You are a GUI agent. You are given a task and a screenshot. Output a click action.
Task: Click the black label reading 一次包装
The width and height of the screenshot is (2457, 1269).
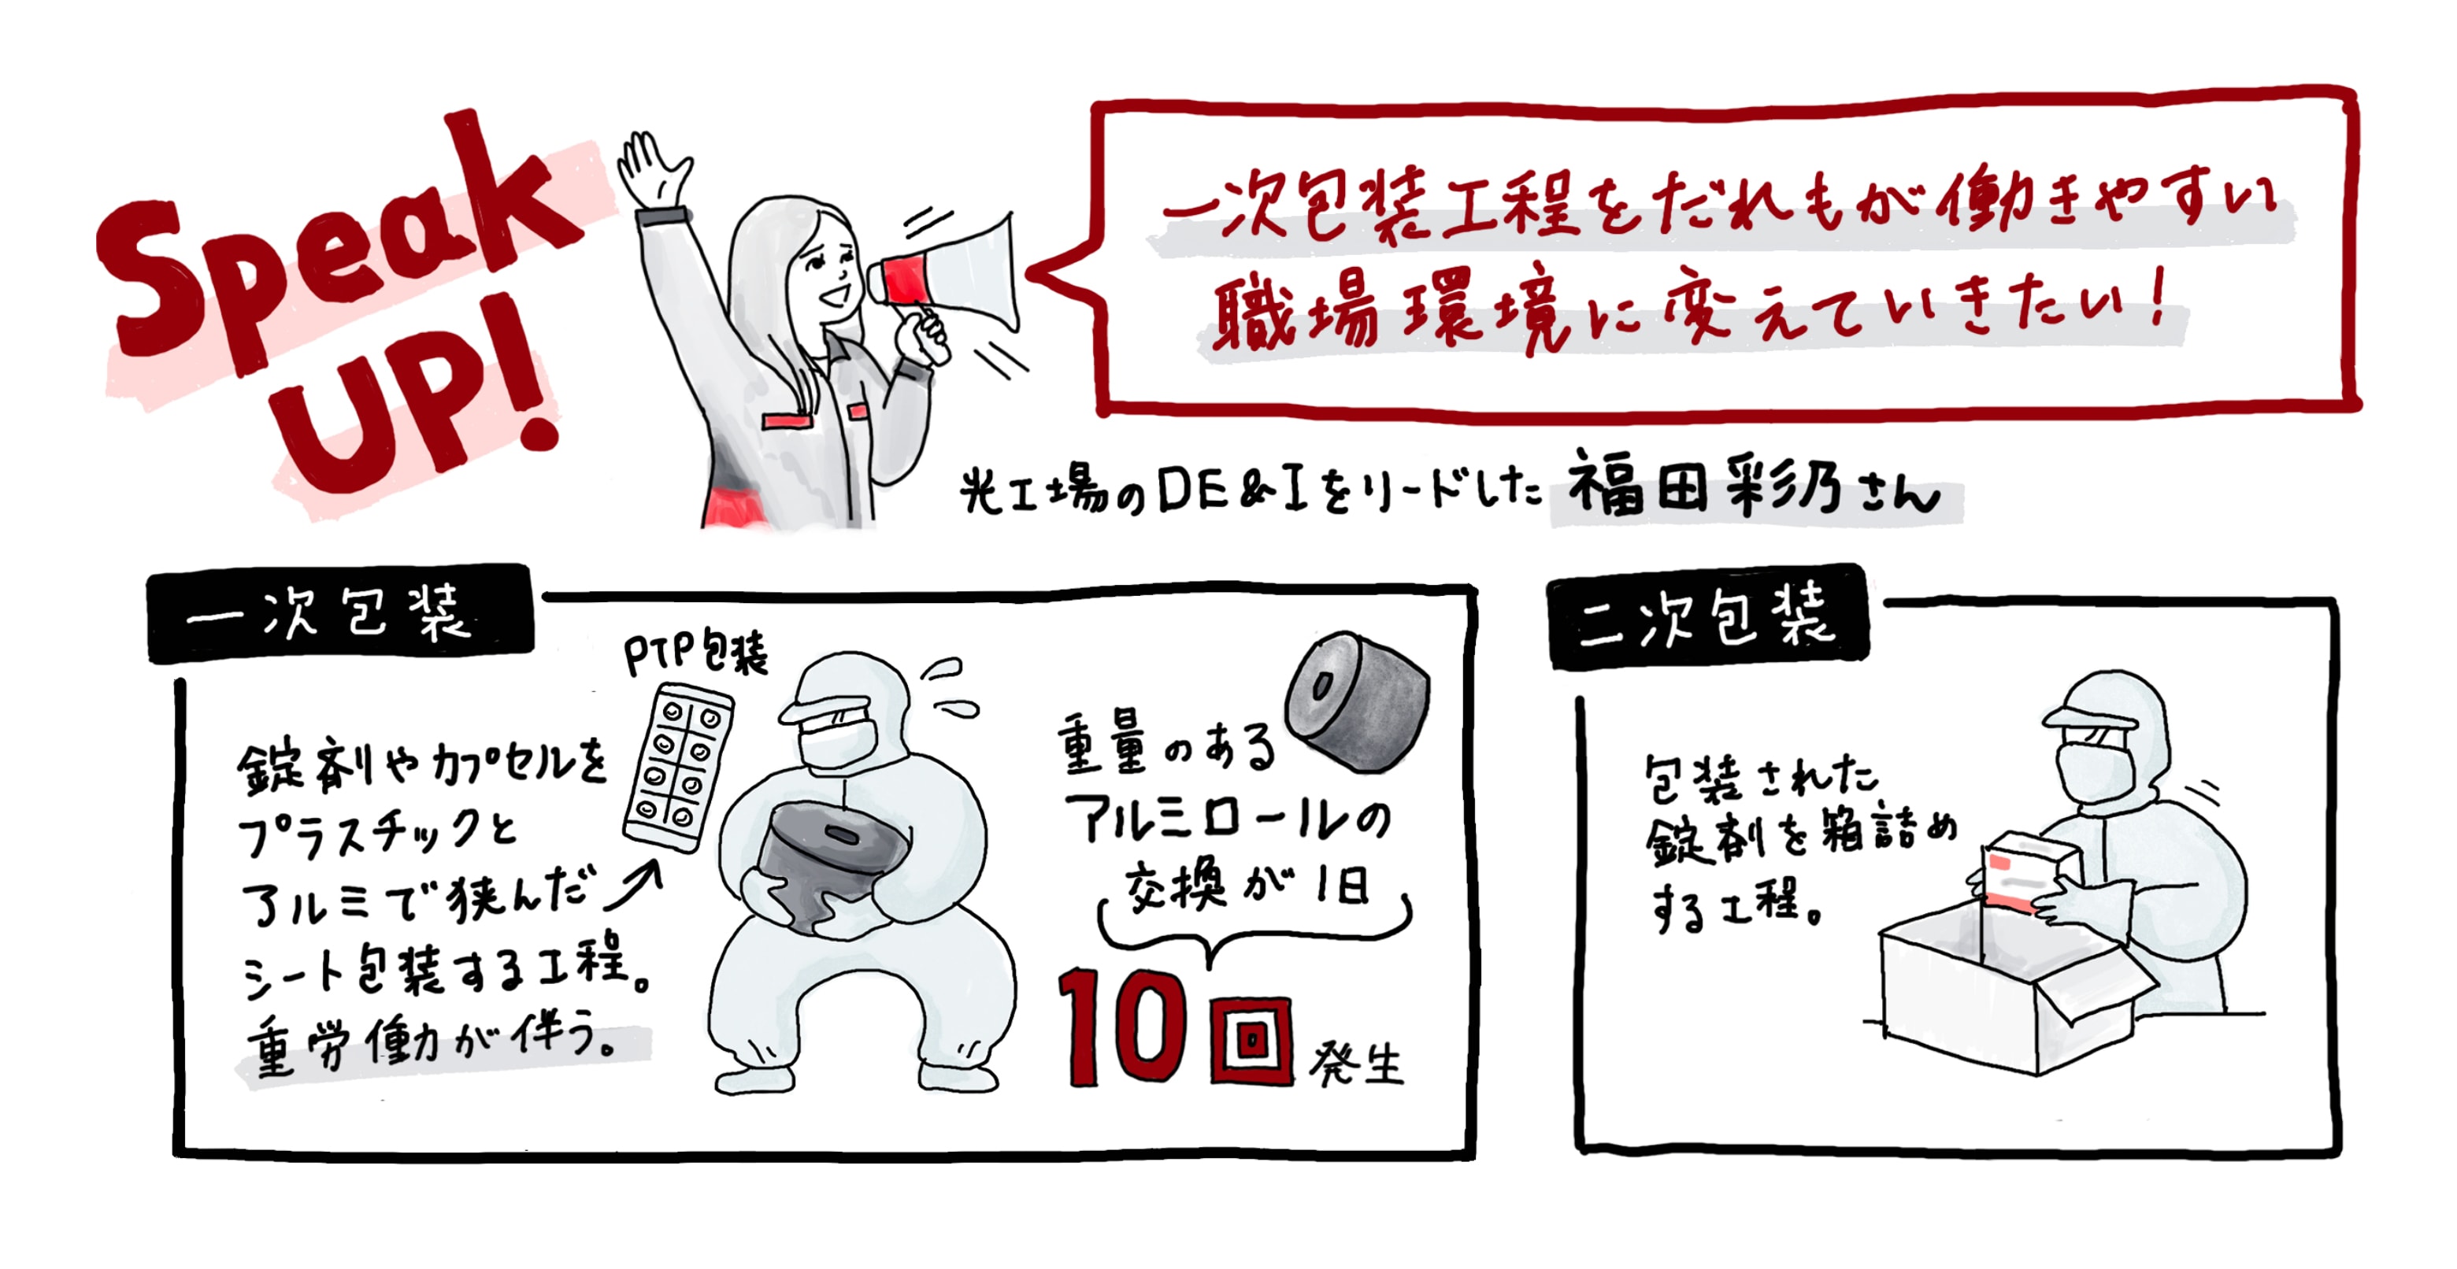point(339,613)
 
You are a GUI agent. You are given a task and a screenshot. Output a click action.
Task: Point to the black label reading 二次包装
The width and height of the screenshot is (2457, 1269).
point(1707,617)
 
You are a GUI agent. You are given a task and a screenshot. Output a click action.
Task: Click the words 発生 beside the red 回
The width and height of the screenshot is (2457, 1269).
point(1355,1063)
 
